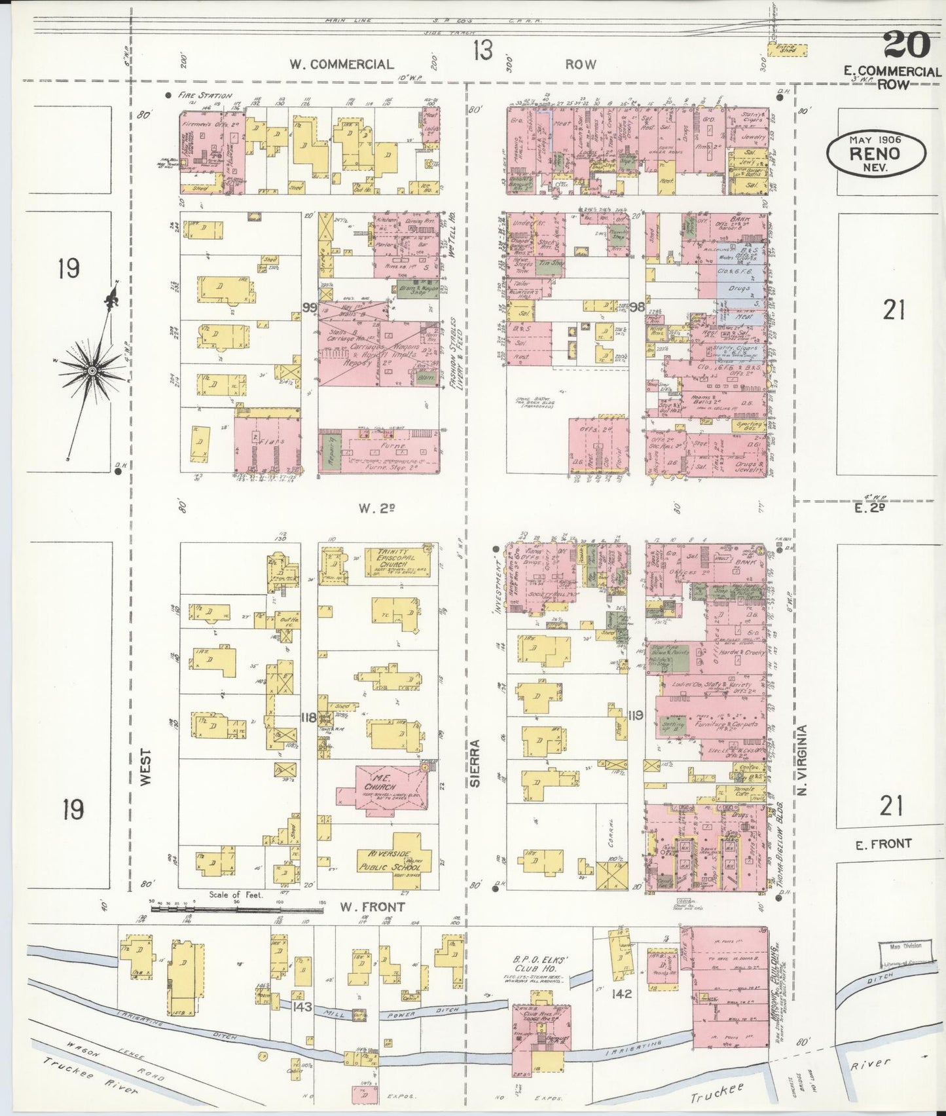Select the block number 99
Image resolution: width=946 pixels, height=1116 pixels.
click(310, 307)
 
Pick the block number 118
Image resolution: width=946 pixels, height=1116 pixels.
click(308, 717)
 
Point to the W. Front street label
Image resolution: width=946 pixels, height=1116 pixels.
click(371, 907)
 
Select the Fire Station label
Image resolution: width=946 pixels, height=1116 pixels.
click(205, 96)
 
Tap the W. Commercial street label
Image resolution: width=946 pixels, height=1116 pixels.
click(342, 64)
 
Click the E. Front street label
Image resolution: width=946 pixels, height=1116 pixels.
click(884, 844)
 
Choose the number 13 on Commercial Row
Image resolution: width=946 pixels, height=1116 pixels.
click(482, 50)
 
